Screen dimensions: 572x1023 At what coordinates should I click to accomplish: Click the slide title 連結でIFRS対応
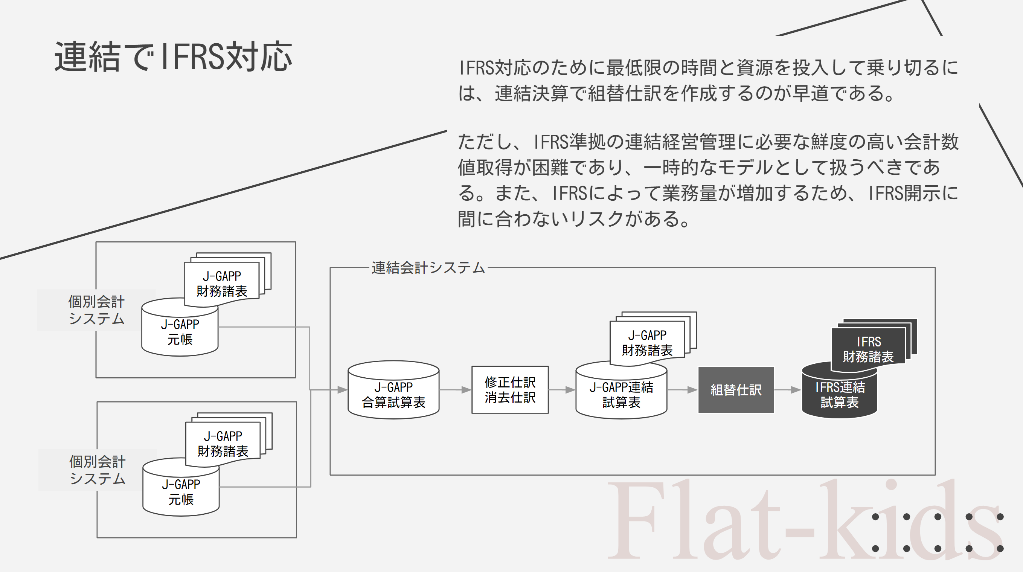(173, 57)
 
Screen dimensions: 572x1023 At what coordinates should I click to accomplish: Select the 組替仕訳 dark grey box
(736, 390)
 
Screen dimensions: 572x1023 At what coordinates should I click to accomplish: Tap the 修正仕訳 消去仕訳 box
(510, 390)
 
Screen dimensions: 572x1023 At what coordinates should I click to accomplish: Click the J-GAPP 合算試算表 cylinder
(393, 393)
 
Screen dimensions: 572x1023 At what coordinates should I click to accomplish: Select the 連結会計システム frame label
(428, 268)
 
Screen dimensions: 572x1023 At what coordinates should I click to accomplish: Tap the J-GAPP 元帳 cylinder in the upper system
(180, 332)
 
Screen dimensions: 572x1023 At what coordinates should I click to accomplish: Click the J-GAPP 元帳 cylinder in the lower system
(181, 492)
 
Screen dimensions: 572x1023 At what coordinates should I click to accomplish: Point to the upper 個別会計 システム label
(96, 310)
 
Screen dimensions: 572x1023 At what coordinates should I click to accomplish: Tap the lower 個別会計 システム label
(98, 470)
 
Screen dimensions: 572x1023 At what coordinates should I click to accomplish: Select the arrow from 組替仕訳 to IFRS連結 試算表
(788, 390)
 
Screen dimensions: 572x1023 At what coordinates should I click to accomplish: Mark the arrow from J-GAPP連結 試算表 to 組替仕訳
(683, 390)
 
